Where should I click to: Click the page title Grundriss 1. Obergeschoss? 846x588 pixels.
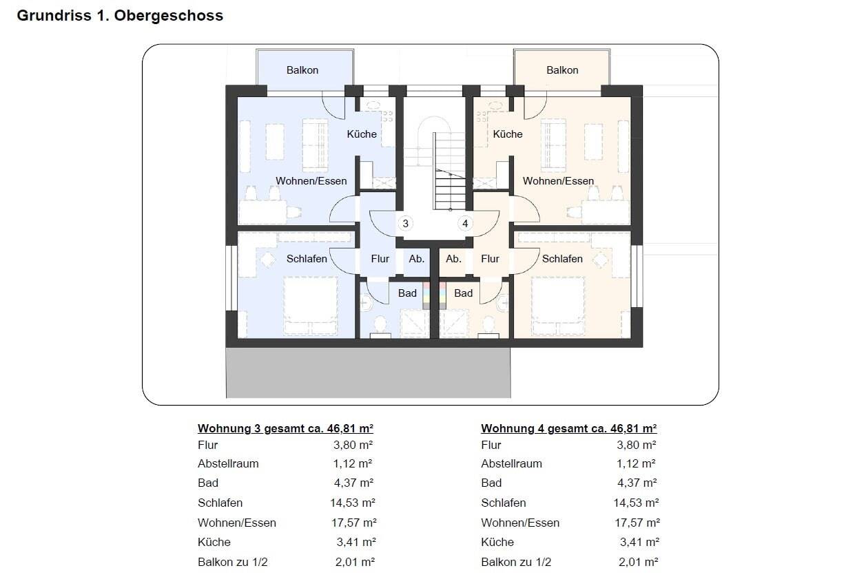120,16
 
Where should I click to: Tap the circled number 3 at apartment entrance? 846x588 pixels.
405,223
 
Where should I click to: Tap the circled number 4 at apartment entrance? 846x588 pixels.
465,223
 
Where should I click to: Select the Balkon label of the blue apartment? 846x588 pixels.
302,70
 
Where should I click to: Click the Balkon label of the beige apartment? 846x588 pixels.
562,70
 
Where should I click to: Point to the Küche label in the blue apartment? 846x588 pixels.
362,134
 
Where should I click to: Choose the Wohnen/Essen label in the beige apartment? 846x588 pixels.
558,181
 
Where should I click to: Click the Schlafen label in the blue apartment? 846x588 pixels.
307,259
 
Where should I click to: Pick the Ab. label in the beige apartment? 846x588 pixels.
453,259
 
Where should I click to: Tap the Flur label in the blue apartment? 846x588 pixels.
380,259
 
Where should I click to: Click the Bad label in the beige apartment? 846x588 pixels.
463,293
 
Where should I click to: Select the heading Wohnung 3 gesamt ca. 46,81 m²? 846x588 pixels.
285,429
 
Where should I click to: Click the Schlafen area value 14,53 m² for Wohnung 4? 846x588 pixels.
636,503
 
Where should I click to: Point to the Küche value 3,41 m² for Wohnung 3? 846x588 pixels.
355,542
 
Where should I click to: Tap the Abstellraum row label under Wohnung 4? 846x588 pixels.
511,463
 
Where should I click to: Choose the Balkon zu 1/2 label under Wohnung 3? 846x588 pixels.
233,562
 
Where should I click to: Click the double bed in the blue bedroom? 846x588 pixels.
311,306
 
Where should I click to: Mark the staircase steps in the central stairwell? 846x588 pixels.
449,171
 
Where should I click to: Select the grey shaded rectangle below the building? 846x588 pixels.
369,372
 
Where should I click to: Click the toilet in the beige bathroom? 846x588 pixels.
488,327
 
